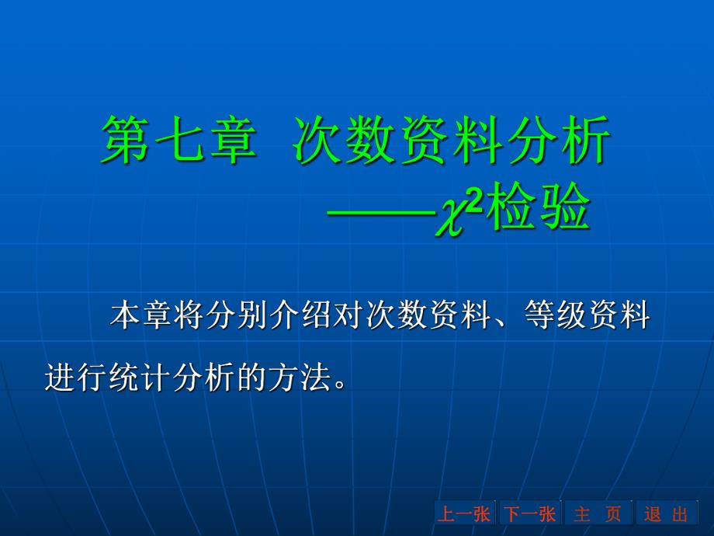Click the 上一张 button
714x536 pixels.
point(464,513)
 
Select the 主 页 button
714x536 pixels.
point(598,513)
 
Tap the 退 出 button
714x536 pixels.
point(667,513)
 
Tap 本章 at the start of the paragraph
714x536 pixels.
point(138,318)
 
